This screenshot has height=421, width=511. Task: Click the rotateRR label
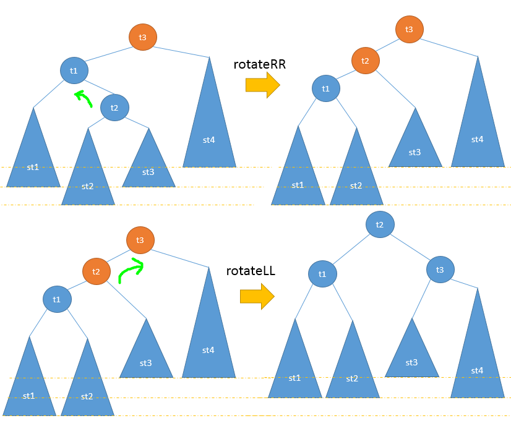(259, 65)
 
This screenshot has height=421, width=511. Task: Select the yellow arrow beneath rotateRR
(262, 85)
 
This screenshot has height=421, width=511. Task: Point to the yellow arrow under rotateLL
(257, 296)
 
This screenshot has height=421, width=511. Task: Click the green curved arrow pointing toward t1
(83, 98)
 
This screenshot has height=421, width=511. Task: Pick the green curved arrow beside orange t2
(131, 270)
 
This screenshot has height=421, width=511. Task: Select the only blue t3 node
(440, 269)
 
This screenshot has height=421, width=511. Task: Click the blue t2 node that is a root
(380, 224)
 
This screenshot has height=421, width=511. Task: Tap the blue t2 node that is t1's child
(114, 108)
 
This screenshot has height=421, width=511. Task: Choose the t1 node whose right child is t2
(74, 70)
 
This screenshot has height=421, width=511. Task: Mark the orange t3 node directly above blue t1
(142, 37)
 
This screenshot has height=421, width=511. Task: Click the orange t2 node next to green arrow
(97, 271)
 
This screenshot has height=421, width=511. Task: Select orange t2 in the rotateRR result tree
(365, 60)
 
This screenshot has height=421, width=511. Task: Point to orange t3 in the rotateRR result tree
(409, 29)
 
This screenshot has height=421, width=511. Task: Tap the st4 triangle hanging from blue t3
(476, 359)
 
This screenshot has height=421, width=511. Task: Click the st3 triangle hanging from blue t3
(412, 355)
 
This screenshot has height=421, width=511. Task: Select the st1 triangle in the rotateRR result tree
(298, 176)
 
